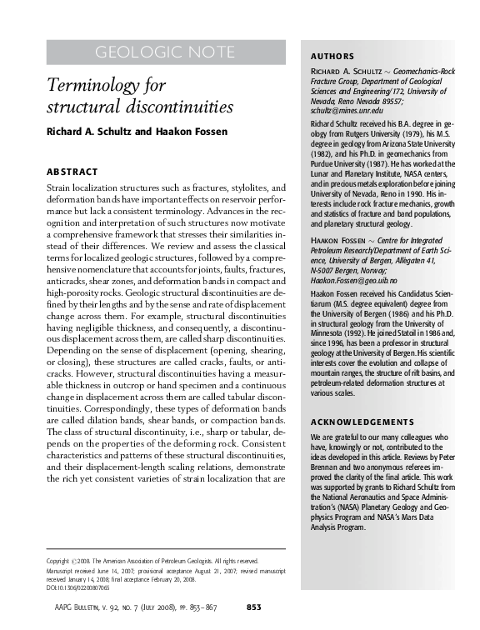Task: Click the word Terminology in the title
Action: click(93, 86)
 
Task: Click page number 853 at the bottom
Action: click(256, 607)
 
